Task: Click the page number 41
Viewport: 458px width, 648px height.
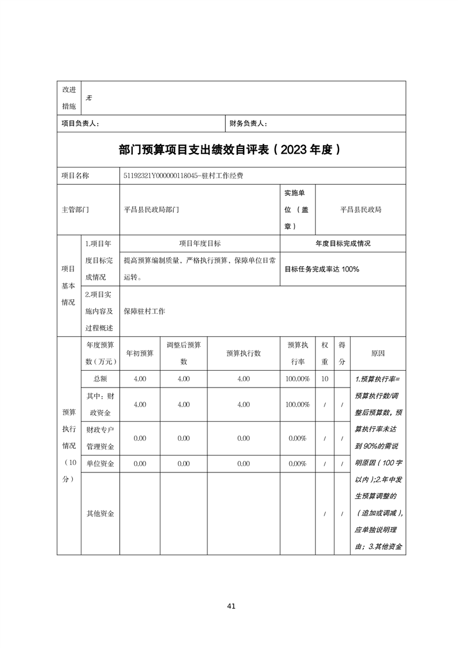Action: [x=231, y=606]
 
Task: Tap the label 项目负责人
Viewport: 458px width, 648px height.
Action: [x=80, y=124]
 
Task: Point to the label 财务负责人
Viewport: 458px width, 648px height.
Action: [x=248, y=124]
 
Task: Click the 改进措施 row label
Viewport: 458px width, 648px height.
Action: [x=69, y=98]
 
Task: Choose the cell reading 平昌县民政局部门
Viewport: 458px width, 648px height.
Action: [x=151, y=210]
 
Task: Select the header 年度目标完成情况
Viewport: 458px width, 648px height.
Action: [x=342, y=244]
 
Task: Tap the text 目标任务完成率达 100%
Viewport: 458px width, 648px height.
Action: [x=322, y=269]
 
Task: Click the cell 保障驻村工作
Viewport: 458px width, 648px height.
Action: [x=144, y=311]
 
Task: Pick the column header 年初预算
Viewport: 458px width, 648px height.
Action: [x=140, y=353]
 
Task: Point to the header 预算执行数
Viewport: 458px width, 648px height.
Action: [x=243, y=353]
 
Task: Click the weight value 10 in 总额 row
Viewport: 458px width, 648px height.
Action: [x=325, y=379]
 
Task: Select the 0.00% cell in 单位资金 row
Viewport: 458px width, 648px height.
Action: [x=297, y=464]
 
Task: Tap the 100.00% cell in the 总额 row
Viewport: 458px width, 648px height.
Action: [x=297, y=379]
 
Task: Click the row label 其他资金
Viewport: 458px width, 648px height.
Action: [x=99, y=513]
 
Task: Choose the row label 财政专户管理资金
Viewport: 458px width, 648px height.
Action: [x=99, y=438]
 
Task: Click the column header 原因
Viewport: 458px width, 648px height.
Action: [x=378, y=353]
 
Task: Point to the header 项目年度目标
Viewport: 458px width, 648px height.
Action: [x=200, y=244]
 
